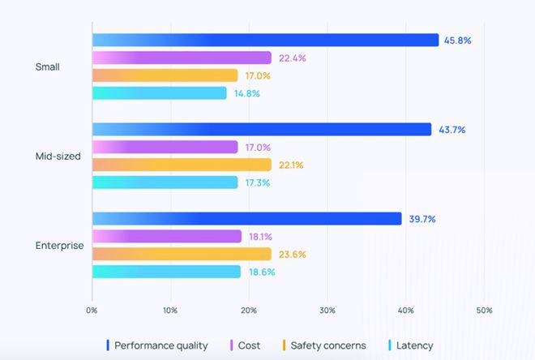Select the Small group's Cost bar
click(x=182, y=58)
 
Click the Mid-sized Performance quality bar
click(x=262, y=130)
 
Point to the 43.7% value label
click(x=451, y=130)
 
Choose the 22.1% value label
click(x=290, y=165)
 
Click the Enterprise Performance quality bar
click(x=246, y=219)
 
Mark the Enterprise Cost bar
click(x=167, y=236)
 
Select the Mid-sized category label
click(x=58, y=156)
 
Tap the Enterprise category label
click(x=59, y=245)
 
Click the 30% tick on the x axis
click(x=327, y=311)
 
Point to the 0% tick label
click(x=92, y=311)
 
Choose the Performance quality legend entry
click(x=157, y=345)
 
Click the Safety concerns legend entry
click(x=323, y=345)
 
